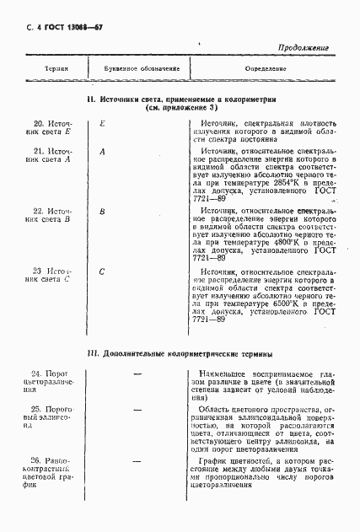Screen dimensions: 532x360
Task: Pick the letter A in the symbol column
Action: pos(102,151)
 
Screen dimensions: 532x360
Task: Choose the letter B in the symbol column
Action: pos(102,210)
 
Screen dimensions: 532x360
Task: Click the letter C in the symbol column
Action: pos(102,271)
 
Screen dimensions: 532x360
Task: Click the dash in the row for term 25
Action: pos(137,409)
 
